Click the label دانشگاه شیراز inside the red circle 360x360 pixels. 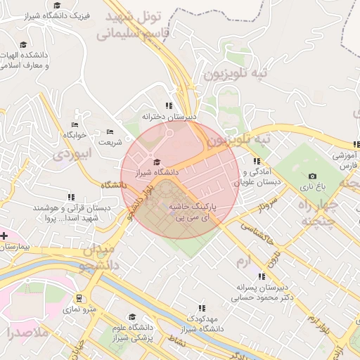tap(157, 172)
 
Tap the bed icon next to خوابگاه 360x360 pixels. tap(75, 124)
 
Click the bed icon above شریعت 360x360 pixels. tap(109, 132)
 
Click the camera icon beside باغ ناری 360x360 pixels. tap(312, 176)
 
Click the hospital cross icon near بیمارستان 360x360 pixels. tap(5, 235)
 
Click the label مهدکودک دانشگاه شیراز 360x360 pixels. tap(202, 323)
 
